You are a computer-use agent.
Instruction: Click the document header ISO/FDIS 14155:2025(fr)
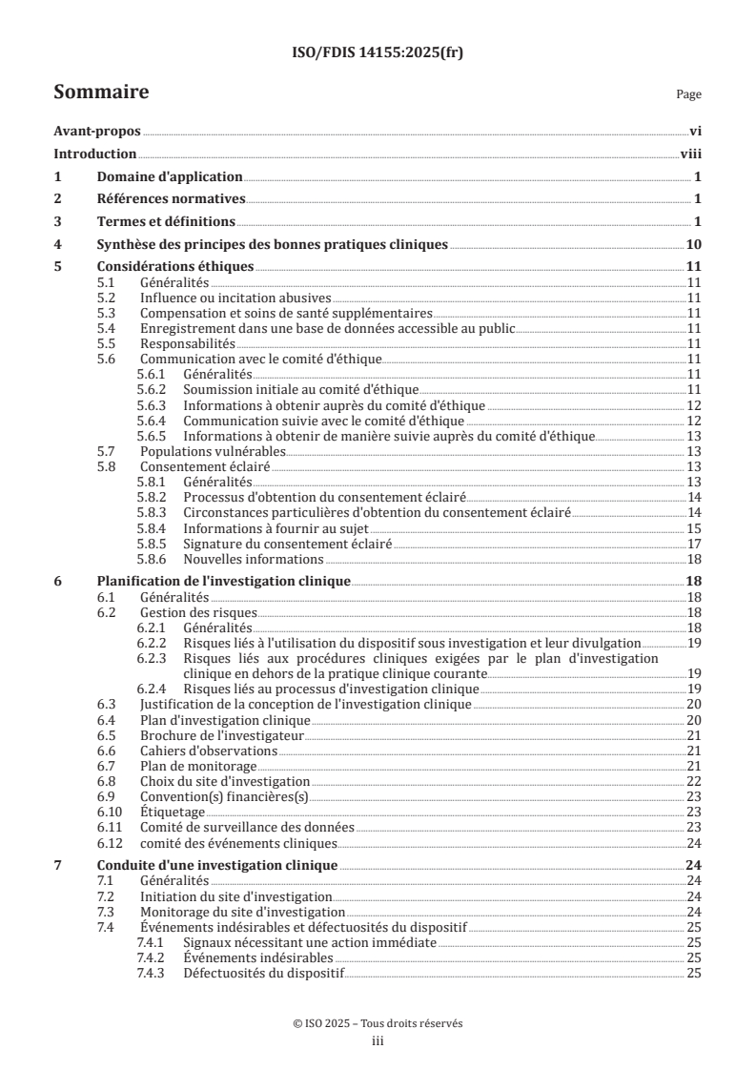(378, 53)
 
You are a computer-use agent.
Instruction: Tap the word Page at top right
(688, 94)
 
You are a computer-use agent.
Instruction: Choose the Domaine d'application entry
(170, 177)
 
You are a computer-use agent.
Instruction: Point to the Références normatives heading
(172, 199)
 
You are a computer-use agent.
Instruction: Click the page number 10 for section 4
(695, 244)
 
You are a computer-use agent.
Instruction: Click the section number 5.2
(109, 298)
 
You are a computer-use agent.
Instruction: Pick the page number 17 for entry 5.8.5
(695, 544)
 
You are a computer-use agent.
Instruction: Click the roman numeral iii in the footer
(378, 1041)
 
